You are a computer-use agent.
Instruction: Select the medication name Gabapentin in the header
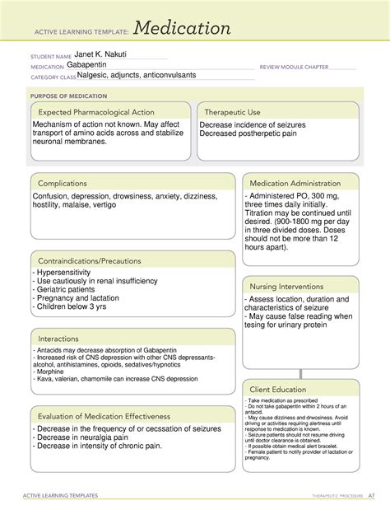coord(92,64)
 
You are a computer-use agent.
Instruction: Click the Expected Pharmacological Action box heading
coord(96,112)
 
